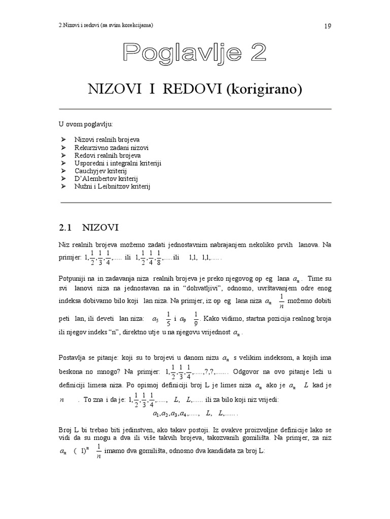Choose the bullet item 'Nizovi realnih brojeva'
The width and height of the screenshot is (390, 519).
(107, 139)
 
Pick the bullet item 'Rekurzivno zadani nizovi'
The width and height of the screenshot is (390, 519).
(111, 147)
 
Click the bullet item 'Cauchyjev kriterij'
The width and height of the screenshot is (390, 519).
(101, 171)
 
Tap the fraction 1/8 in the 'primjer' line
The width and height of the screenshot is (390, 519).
(159, 257)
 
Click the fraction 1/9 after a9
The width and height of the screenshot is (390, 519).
(197, 319)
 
